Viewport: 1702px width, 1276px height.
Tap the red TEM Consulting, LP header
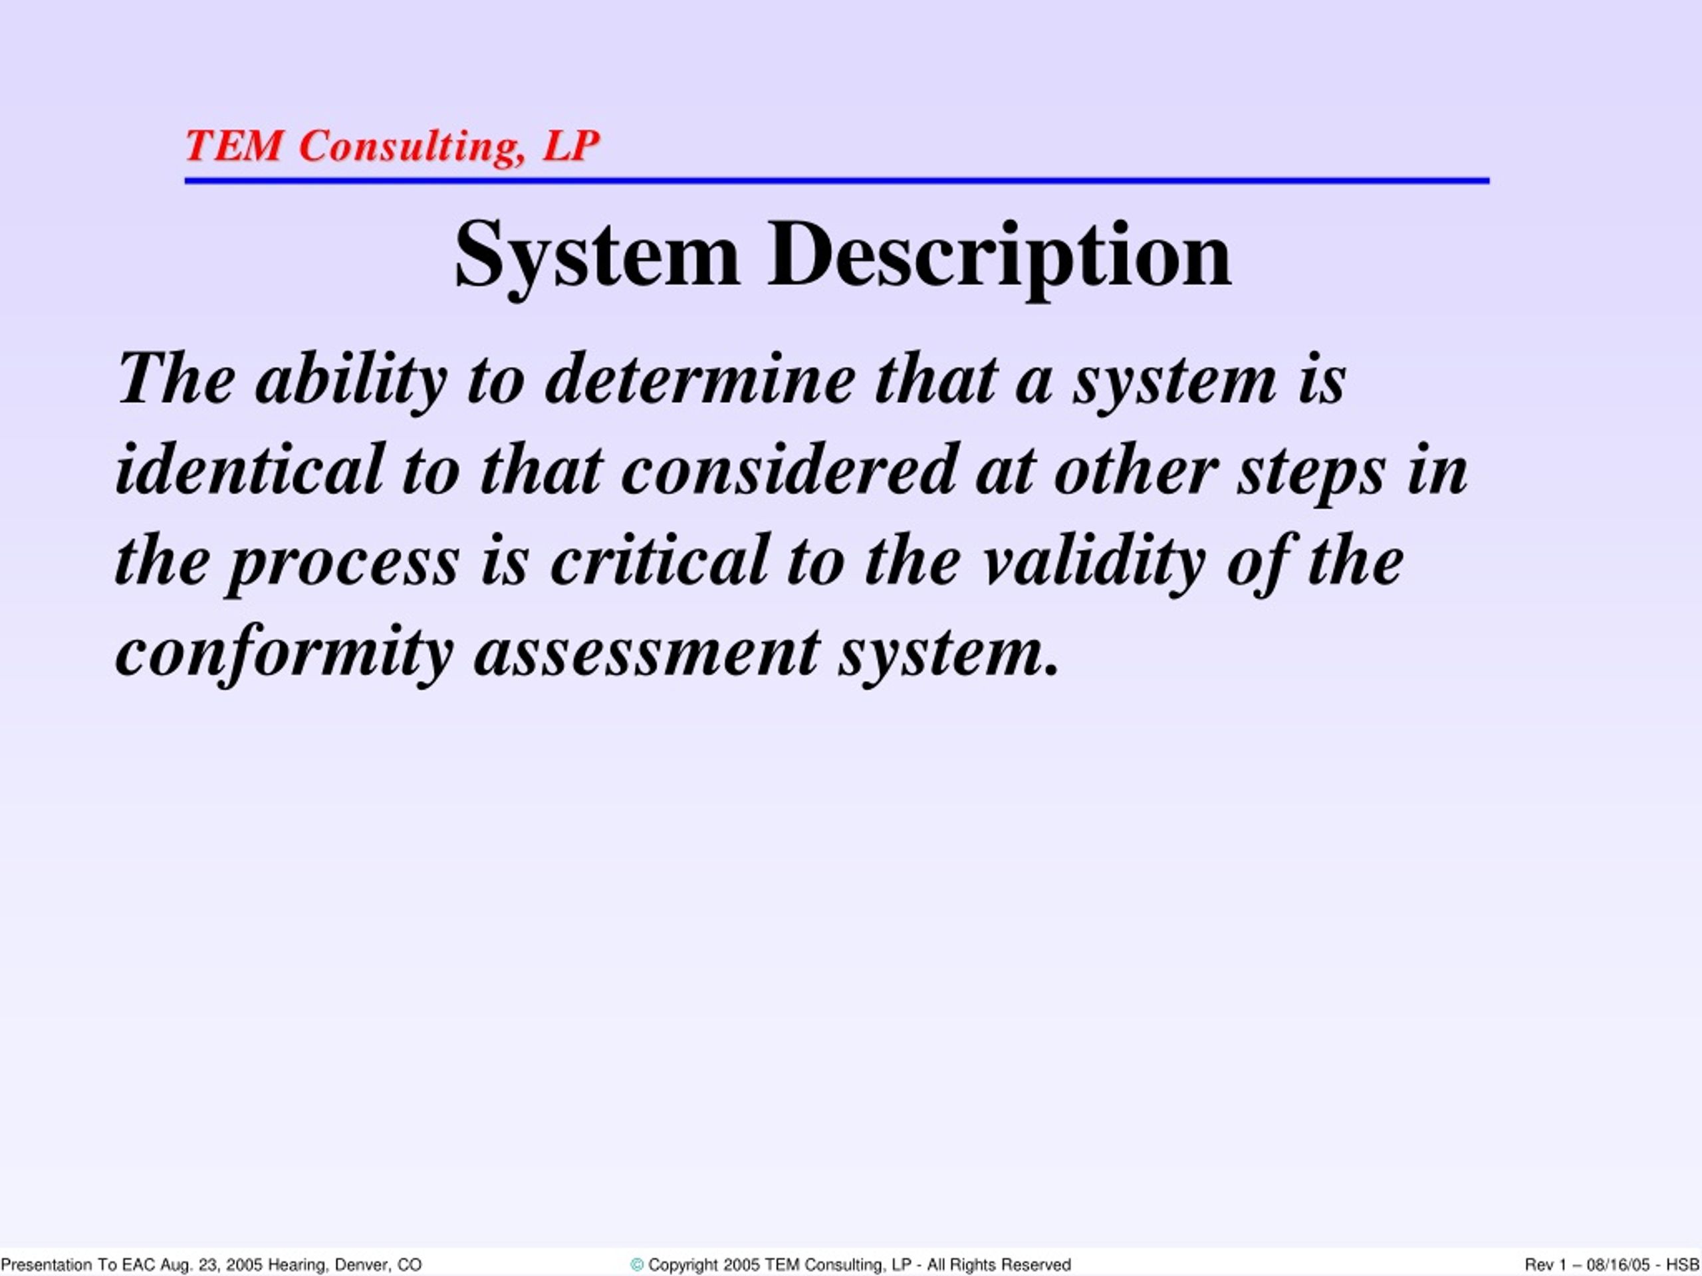coord(392,146)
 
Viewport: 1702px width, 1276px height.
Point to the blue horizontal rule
coord(837,181)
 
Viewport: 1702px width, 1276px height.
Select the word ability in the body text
coord(351,380)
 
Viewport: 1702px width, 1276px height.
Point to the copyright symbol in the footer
coord(636,1265)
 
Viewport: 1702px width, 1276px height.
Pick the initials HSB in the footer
coord(1683,1265)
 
